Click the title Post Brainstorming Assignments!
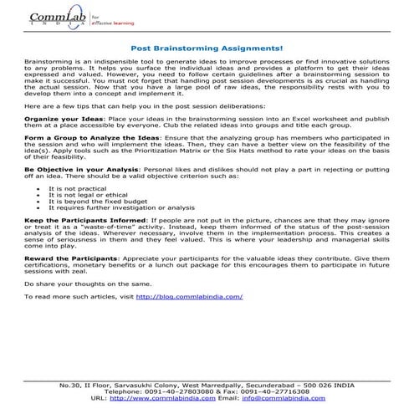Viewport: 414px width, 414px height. pyautogui.click(x=207, y=49)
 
